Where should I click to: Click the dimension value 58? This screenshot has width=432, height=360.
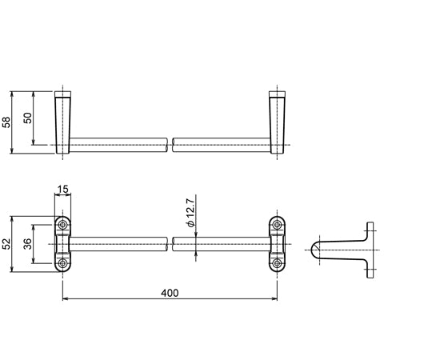pos(6,121)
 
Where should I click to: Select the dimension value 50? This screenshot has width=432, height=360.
pos(27,118)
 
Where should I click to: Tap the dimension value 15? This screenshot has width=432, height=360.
pos(63,190)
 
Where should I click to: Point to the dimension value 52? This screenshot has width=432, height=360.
pos(6,244)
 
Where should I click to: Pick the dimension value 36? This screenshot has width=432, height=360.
pos(27,244)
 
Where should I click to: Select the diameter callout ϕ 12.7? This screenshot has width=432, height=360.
pos(190,214)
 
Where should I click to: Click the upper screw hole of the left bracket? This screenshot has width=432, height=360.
pos(63,225)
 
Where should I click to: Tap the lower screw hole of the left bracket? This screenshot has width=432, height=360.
pos(63,262)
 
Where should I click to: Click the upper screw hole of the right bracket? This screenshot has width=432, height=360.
pos(277,225)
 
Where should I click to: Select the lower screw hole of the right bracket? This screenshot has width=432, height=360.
pos(277,262)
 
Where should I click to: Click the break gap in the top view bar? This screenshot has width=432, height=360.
pos(170,145)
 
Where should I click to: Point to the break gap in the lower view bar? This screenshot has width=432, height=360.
pos(170,244)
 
